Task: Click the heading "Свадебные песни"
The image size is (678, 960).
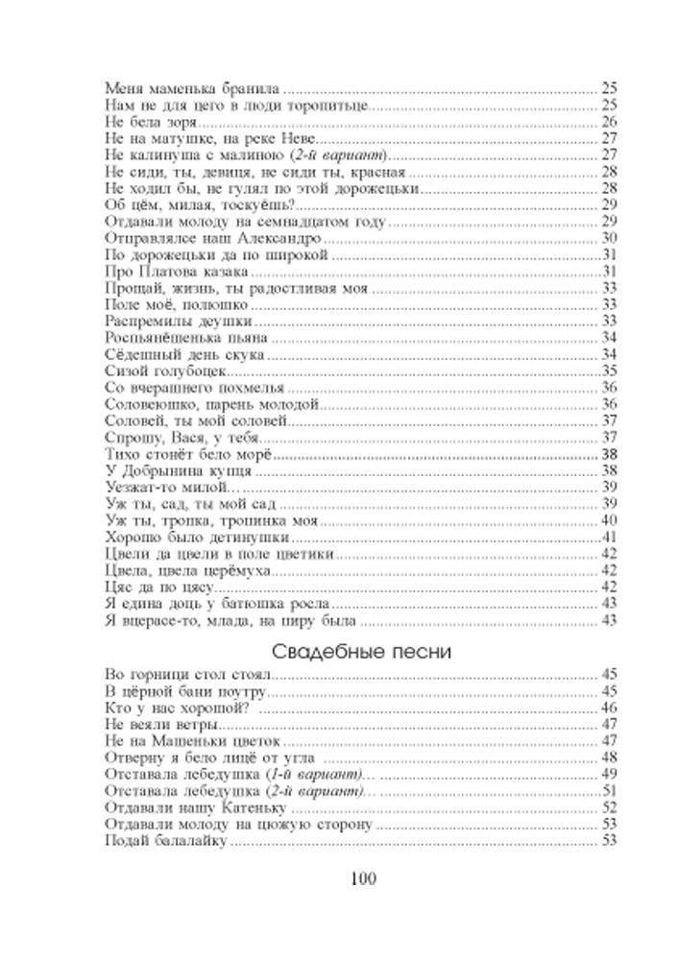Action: (361, 652)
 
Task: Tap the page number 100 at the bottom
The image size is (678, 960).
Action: (363, 879)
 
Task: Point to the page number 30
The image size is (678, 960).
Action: (609, 238)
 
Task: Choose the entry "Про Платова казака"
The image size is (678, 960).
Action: (177, 272)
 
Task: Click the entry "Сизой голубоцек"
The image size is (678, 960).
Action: (166, 371)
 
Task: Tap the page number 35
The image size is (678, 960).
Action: (609, 371)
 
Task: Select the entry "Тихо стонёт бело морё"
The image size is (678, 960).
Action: (188, 454)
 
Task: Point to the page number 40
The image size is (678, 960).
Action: (609, 520)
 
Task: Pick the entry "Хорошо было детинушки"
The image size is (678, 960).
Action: (197, 538)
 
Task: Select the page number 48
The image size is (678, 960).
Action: (609, 758)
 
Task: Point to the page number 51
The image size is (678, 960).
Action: (609, 791)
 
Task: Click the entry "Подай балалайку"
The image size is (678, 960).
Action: (166, 841)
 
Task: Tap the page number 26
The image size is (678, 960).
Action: (609, 122)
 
